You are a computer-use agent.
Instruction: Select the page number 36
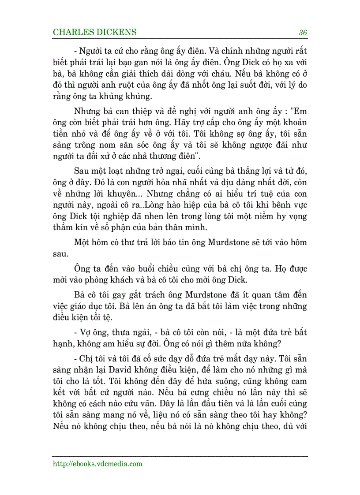click(303, 32)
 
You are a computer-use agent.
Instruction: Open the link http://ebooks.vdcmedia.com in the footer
click(97, 463)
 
